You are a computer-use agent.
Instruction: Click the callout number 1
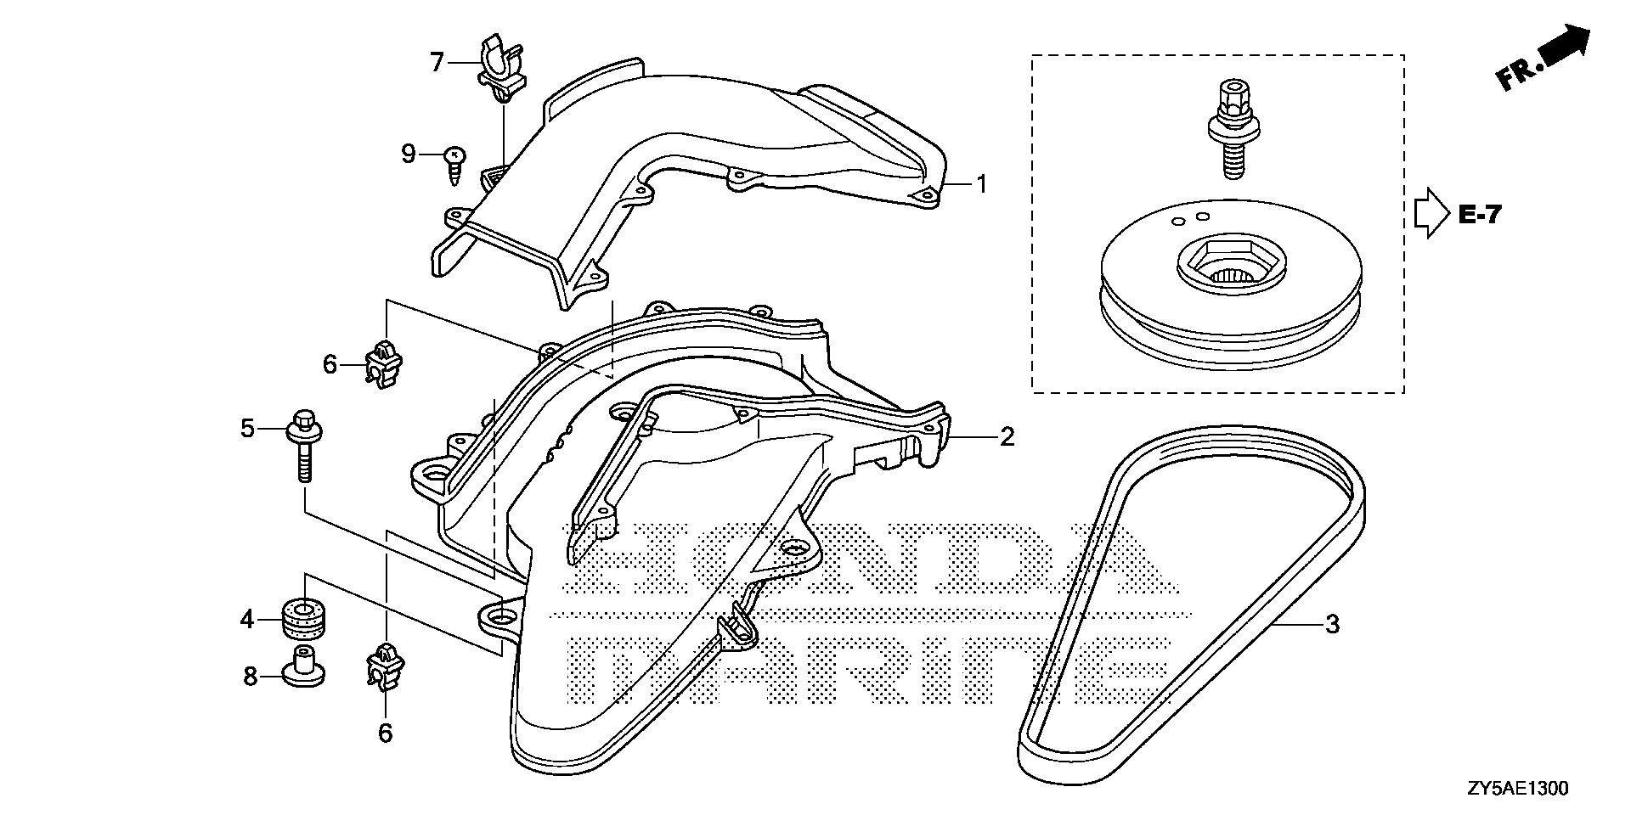click(981, 183)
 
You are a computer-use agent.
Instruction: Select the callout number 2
click(1007, 437)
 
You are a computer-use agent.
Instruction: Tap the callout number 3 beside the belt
click(1333, 624)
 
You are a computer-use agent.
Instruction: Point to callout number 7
click(437, 62)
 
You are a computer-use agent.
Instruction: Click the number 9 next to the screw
click(409, 154)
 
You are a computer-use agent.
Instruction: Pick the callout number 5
click(247, 429)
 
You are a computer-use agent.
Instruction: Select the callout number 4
click(246, 620)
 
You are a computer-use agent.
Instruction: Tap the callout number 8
click(250, 677)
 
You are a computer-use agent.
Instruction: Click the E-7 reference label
click(1481, 215)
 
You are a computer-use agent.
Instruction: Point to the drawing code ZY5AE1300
click(1516, 789)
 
